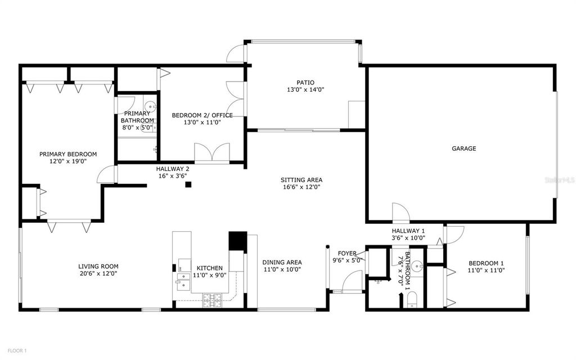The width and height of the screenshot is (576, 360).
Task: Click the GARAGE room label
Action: click(464, 149)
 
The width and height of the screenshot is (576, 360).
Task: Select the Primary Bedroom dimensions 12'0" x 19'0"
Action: click(67, 161)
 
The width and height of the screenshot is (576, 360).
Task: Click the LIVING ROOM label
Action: click(98, 267)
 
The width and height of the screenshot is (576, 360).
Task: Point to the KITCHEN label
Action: click(209, 268)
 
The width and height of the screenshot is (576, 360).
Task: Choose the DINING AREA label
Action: click(282, 262)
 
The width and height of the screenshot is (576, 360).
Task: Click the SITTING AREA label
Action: click(301, 180)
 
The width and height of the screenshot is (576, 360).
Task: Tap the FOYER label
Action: click(347, 253)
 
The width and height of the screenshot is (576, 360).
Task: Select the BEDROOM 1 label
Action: click(486, 263)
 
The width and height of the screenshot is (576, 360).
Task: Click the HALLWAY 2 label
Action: click(173, 169)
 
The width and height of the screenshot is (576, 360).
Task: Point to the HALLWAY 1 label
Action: click(408, 231)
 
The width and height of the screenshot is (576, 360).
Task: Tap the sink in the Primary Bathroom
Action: click(150, 106)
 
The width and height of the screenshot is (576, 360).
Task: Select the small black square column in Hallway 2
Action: click(189, 184)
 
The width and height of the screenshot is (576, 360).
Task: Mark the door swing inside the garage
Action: click(400, 213)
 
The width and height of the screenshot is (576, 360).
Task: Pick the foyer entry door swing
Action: click(353, 281)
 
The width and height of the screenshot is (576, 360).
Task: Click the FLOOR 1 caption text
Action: click(17, 351)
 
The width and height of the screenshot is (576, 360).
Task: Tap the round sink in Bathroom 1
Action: click(417, 267)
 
